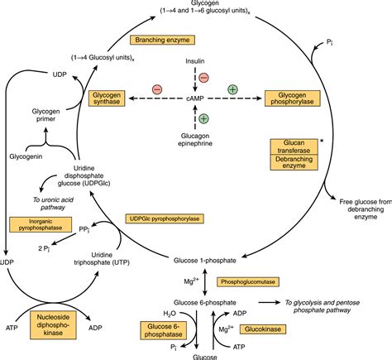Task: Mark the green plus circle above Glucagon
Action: (203, 118)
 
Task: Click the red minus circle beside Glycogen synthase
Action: (156, 89)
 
